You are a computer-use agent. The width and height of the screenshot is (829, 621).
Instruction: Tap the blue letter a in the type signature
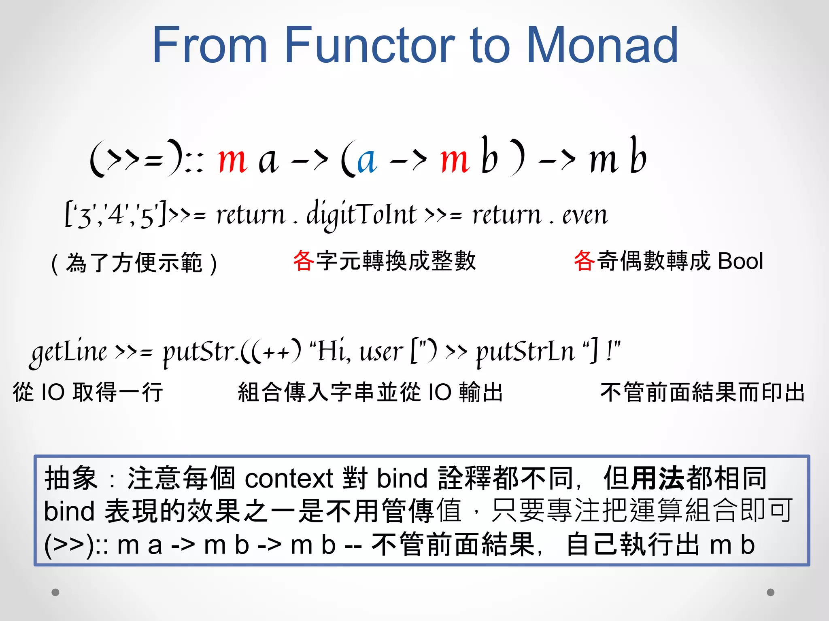point(367,160)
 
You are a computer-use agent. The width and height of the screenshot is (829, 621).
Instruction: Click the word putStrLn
point(525,351)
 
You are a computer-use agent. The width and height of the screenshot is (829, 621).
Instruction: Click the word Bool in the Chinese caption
point(740,261)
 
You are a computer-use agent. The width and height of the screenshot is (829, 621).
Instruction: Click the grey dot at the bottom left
point(55,592)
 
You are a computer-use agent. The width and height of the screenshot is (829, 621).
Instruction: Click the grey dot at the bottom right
point(771,592)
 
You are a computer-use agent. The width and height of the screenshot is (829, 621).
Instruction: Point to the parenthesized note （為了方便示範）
point(134,263)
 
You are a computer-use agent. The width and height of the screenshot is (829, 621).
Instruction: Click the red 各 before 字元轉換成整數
point(303,261)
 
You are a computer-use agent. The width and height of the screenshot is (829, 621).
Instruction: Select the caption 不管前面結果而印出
point(702,392)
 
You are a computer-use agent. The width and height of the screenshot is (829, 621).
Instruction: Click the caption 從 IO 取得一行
point(88,392)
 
